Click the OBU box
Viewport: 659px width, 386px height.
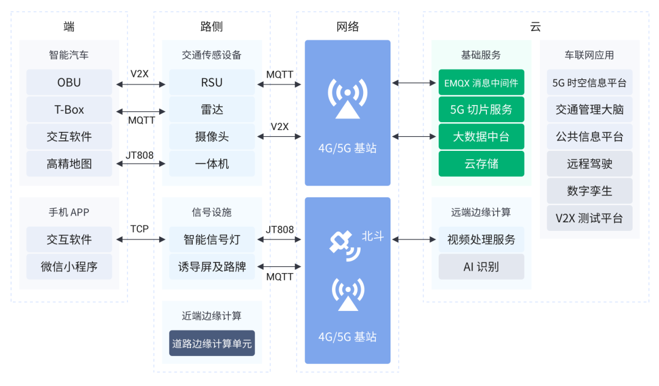tap(69, 82)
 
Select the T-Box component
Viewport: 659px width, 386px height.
tap(69, 110)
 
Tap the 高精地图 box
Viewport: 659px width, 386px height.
tap(69, 164)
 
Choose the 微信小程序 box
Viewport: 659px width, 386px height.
tap(69, 267)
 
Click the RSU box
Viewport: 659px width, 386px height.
tap(212, 82)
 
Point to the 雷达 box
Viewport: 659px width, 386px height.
tap(212, 110)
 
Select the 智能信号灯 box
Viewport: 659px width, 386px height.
tap(212, 239)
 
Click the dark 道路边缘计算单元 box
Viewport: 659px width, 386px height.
tap(212, 343)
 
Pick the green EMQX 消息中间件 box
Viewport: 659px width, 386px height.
tap(481, 82)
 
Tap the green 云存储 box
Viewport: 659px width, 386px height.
tap(481, 164)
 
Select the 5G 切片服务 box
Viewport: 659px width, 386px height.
tap(481, 110)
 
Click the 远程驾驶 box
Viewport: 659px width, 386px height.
tap(589, 164)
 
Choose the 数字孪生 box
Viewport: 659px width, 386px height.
tap(589, 191)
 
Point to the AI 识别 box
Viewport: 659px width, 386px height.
tap(481, 267)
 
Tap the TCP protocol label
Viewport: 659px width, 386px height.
tap(139, 229)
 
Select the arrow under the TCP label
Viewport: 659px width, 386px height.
tap(139, 239)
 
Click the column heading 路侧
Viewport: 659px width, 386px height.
tap(212, 26)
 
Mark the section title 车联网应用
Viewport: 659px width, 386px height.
tap(589, 55)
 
